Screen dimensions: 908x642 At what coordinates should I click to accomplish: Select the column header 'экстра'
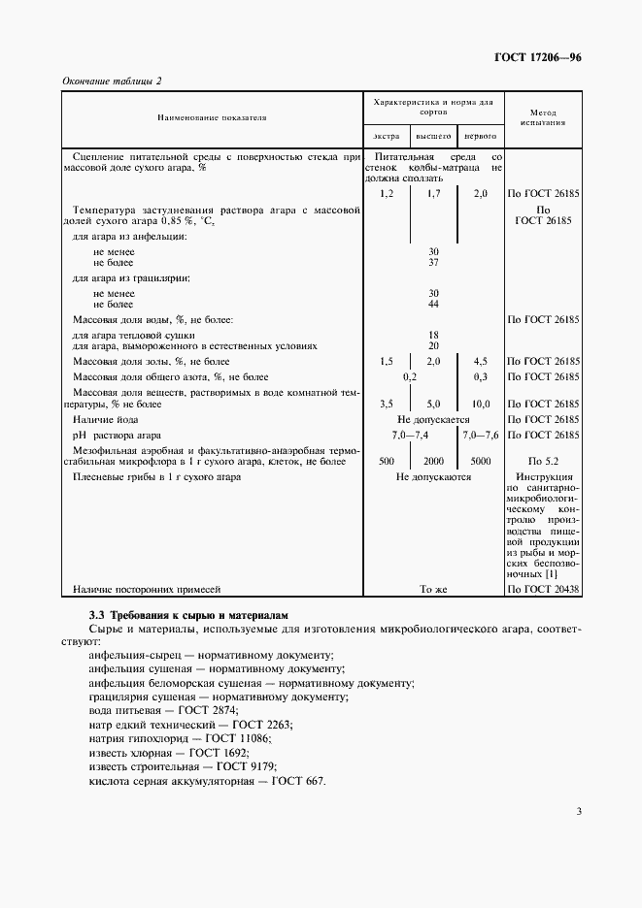click(386, 137)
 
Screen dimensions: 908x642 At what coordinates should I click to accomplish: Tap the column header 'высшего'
click(433, 137)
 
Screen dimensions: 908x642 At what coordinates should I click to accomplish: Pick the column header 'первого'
click(480, 137)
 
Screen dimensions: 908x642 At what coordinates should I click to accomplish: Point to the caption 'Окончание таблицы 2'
click(112, 81)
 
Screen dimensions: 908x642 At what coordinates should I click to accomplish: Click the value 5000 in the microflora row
click(480, 462)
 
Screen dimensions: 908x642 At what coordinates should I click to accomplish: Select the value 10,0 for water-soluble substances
click(480, 404)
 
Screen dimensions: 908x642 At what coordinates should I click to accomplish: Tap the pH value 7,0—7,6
click(480, 435)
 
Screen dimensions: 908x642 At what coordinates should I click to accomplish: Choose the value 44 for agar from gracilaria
click(433, 305)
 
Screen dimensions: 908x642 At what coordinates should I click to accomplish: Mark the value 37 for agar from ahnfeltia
click(433, 263)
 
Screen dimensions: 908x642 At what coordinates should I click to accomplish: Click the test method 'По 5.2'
click(544, 462)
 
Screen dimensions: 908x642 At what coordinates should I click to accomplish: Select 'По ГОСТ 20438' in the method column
click(544, 589)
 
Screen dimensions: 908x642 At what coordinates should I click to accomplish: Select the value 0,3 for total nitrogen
click(480, 376)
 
